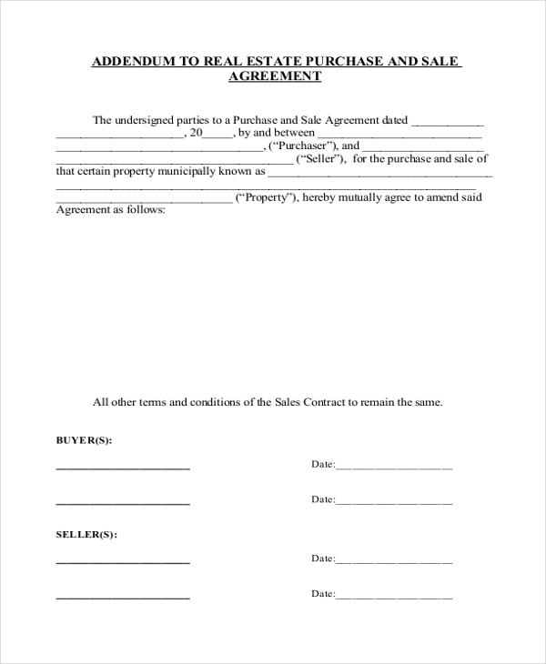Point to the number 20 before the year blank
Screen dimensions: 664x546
pyautogui.click(x=195, y=132)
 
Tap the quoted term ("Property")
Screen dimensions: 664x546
pyautogui.click(x=265, y=197)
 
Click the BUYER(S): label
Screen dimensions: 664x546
pyautogui.click(x=84, y=440)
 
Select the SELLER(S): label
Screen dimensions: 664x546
pyautogui.click(x=86, y=534)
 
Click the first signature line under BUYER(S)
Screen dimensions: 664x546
pyautogui.click(x=123, y=468)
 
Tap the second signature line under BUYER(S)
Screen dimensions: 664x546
pyautogui.click(x=123, y=502)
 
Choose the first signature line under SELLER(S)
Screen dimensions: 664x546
pyautogui.click(x=123, y=562)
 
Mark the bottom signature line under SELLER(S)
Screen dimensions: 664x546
pyautogui.click(x=123, y=597)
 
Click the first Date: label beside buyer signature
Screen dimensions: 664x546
pyautogui.click(x=323, y=464)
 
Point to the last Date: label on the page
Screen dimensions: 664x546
pyautogui.click(x=323, y=593)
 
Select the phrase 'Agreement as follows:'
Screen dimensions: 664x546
pyautogui.click(x=111, y=210)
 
